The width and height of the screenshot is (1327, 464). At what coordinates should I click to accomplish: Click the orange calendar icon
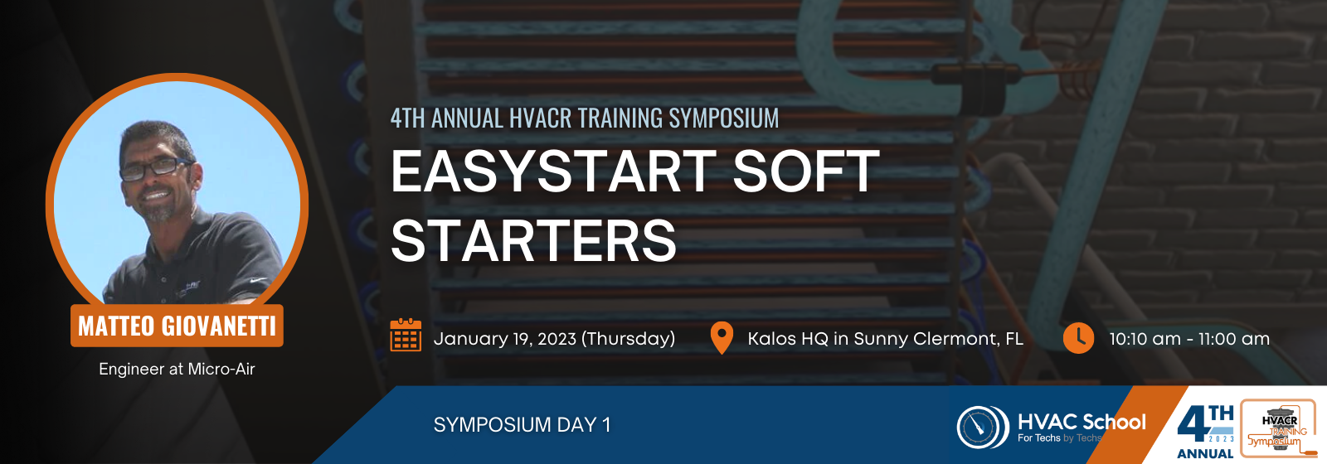406,335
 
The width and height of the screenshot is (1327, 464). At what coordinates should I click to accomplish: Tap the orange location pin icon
722,338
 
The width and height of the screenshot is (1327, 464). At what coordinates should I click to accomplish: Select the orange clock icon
1078,338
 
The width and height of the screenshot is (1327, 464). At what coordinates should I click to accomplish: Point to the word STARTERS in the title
533,239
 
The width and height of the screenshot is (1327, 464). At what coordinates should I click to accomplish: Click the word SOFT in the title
805,171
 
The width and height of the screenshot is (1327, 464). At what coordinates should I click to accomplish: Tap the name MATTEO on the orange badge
116,326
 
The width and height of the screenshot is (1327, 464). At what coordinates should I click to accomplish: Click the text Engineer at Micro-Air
177,369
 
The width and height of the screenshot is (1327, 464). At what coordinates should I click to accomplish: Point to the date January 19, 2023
505,339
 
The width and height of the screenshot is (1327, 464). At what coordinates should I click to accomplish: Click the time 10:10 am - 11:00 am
1189,339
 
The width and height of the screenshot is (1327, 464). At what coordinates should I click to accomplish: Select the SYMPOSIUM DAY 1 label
522,425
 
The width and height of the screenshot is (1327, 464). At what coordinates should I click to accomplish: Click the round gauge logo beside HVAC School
983,427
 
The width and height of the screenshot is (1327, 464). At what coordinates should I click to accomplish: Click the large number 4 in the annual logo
1193,423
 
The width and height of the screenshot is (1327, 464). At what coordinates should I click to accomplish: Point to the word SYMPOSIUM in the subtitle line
724,118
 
